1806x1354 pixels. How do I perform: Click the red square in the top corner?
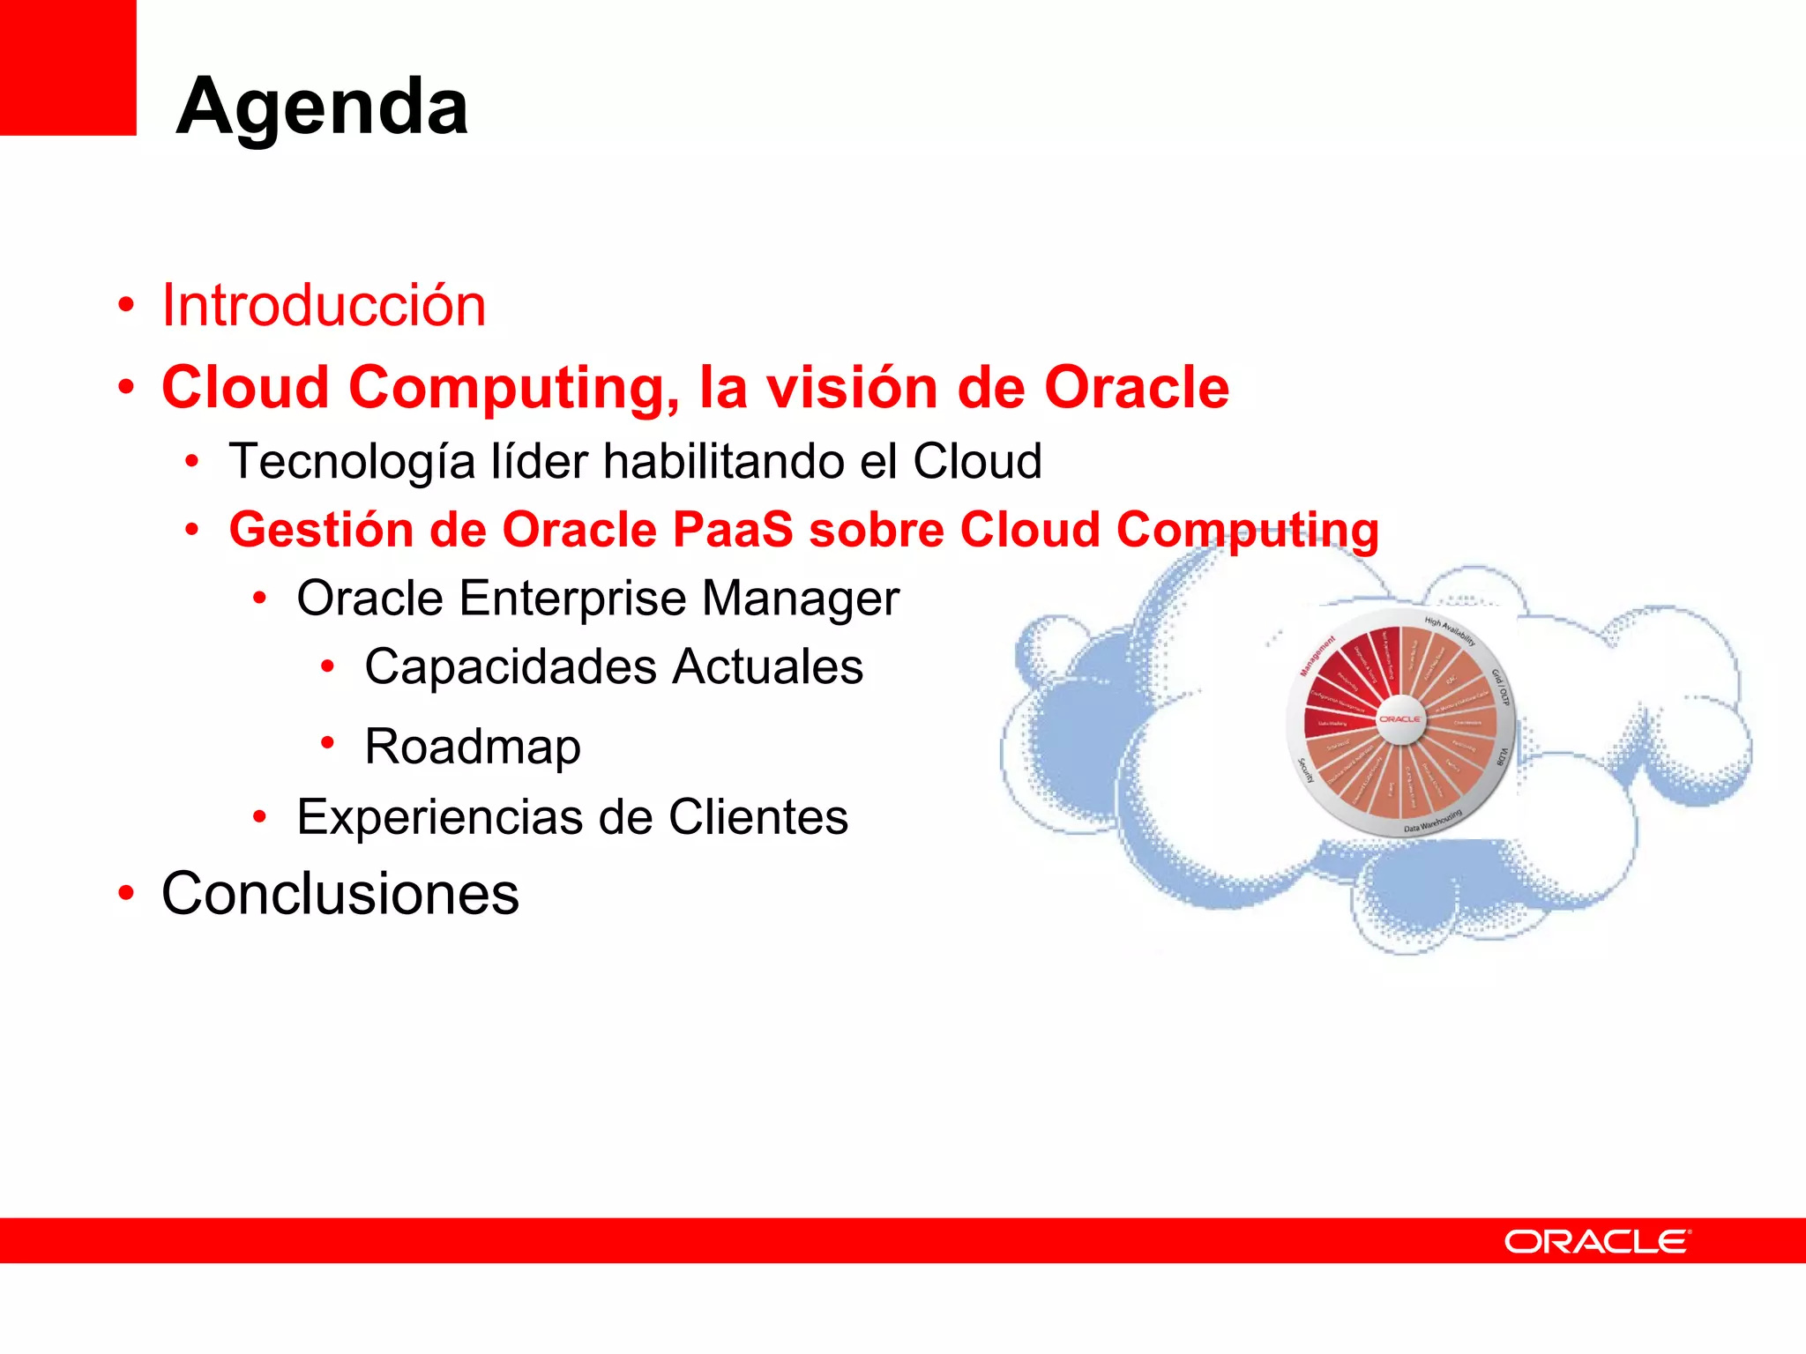tap(67, 67)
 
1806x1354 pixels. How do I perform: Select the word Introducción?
tap(324, 306)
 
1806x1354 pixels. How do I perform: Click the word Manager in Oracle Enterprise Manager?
tap(800, 599)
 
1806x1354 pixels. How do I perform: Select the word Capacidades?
tap(511, 666)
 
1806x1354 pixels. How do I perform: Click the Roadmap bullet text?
tap(473, 747)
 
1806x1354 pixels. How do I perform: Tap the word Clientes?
tap(757, 817)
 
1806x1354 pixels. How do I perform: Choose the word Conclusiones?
tap(340, 894)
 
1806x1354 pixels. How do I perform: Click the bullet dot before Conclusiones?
tap(126, 893)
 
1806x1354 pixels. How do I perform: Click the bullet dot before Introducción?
tap(126, 305)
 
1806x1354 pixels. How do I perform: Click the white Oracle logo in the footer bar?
tap(1597, 1241)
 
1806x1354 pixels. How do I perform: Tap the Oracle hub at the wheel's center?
tap(1399, 719)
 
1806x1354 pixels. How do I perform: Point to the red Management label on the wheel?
tap(1317, 656)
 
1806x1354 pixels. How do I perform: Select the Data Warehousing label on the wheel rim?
tap(1433, 822)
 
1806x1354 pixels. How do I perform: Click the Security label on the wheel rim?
tap(1306, 770)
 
